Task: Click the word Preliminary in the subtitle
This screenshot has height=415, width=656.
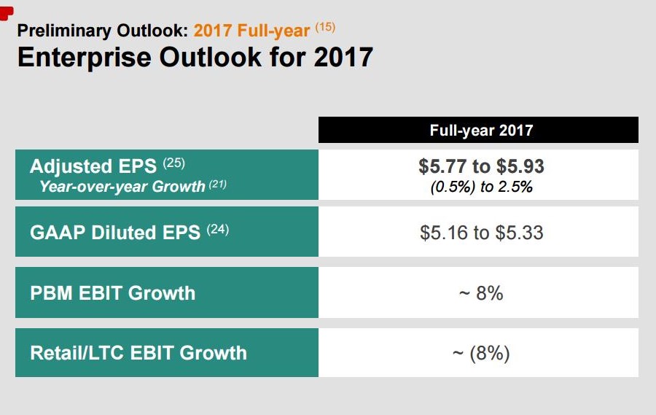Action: pos(63,31)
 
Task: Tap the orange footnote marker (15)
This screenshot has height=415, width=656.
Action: pos(325,28)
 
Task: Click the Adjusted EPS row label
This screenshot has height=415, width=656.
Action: pos(92,166)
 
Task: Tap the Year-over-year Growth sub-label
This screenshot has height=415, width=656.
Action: pos(122,187)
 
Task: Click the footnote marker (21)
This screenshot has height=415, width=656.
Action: pos(218,185)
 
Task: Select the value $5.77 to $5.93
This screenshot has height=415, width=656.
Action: pos(481,166)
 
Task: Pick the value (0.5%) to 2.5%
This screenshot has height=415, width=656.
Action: pos(481,187)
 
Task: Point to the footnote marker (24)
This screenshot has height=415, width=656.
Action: pos(218,228)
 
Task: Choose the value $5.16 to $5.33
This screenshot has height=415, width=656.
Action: pos(481,233)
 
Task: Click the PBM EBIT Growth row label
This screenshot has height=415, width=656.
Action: pos(113,293)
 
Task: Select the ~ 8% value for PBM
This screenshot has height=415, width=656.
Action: pos(481,293)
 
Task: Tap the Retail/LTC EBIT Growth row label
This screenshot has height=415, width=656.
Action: pos(138,353)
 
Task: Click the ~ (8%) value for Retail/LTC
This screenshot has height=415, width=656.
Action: pos(481,354)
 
